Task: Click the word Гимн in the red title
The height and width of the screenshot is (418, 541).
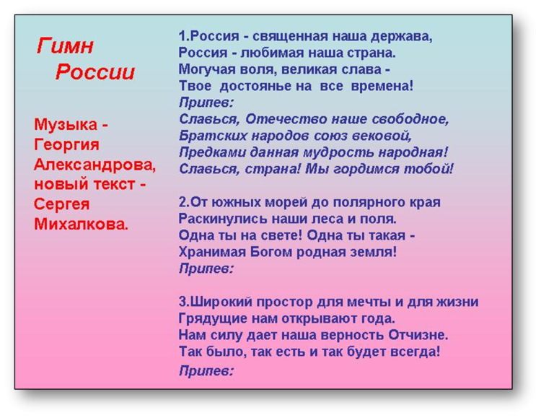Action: point(65,46)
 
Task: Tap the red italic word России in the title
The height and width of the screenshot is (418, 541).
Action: point(95,72)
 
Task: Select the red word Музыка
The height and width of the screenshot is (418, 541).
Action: point(66,125)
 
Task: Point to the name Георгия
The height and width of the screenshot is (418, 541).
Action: point(66,145)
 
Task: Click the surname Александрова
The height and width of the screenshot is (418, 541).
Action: point(95,165)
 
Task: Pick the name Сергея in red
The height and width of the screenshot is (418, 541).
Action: point(62,204)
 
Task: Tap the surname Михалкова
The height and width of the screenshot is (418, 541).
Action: point(81,224)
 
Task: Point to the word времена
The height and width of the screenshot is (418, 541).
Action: point(382,86)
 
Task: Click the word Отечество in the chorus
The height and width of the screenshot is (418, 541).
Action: point(286,119)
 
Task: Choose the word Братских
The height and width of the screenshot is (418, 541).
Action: point(213,136)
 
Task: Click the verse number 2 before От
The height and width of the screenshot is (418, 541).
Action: point(182,202)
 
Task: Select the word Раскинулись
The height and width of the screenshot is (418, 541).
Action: point(223,219)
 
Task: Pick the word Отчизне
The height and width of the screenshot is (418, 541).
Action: point(418,335)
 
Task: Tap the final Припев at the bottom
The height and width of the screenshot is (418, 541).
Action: point(206,371)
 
